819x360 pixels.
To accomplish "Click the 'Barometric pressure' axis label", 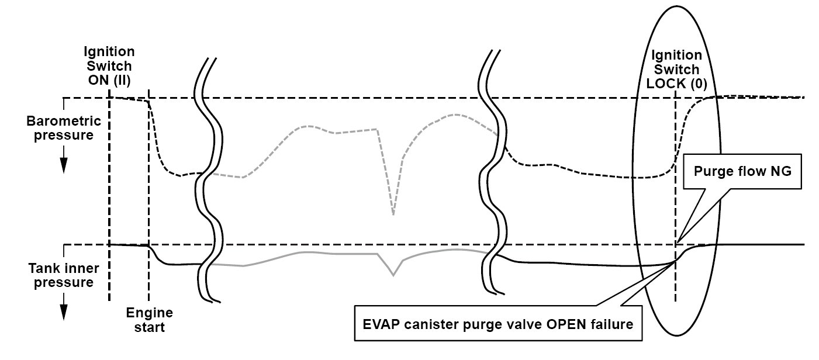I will coord(64,129).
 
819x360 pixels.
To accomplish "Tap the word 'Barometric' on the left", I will coord(64,122).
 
